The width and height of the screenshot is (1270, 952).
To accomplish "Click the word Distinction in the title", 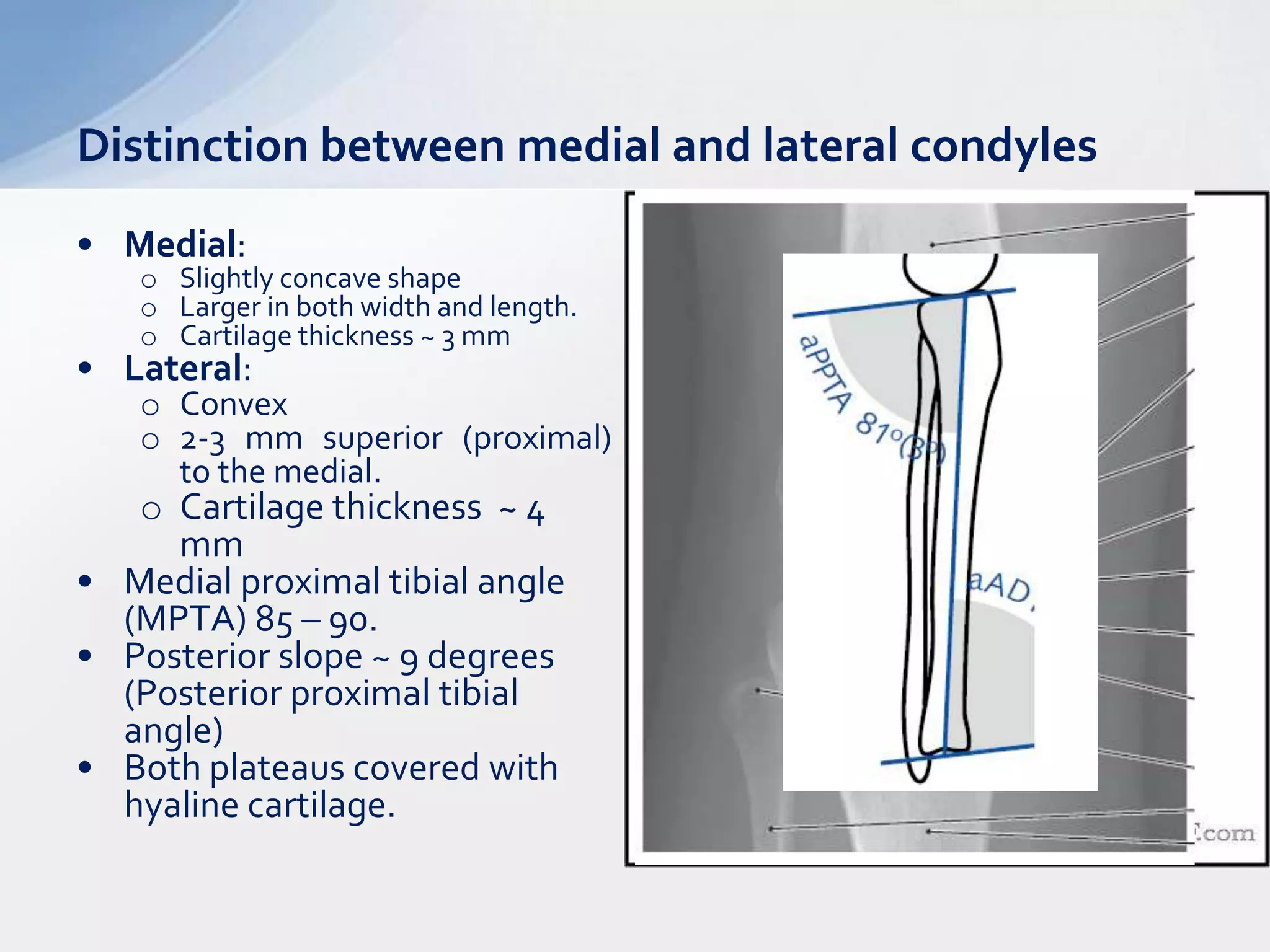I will (192, 146).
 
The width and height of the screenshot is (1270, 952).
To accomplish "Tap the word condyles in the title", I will (1003, 146).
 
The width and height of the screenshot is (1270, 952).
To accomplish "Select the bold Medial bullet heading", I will (180, 244).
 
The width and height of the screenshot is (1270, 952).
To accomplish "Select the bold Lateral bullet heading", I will (184, 368).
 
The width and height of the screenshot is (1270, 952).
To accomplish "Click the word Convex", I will (234, 405).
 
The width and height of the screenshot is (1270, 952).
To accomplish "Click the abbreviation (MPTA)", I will (185, 619).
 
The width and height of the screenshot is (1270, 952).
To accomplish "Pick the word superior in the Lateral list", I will (383, 439).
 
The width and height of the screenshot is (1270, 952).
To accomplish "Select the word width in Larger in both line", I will (396, 307).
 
